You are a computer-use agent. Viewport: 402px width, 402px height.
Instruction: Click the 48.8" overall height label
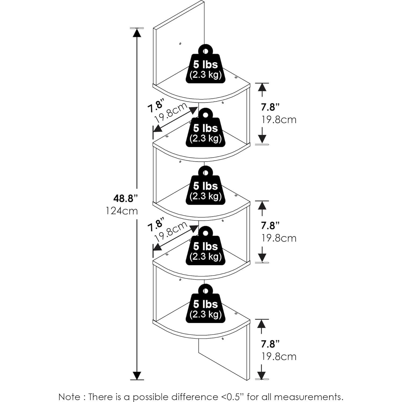125,198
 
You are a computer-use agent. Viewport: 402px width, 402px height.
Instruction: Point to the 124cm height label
122,211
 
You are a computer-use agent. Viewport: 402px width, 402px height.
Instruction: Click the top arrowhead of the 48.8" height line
137,32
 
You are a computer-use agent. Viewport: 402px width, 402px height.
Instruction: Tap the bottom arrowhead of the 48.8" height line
137,375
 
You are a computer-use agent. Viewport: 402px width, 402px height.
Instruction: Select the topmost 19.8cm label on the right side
279,119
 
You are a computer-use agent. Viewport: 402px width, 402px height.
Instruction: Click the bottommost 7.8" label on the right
270,344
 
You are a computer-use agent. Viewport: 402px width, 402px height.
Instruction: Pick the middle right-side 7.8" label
270,226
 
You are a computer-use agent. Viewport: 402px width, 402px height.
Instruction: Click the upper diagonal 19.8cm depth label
171,112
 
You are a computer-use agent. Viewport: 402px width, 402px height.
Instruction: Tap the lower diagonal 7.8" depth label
155,225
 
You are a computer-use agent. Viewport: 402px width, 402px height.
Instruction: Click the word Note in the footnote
69,397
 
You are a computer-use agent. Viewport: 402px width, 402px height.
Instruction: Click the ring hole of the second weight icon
205,115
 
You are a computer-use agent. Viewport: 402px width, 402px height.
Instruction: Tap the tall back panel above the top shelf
179,54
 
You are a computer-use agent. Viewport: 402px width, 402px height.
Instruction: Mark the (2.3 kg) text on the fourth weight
205,256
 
